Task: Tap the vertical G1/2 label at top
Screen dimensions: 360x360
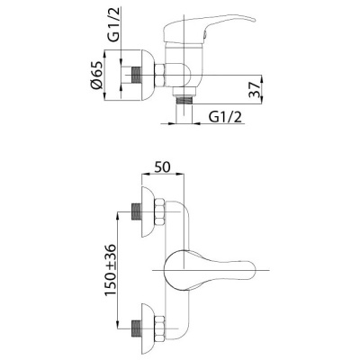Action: pyautogui.click(x=113, y=23)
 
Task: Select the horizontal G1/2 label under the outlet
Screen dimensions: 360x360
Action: pyautogui.click(x=225, y=117)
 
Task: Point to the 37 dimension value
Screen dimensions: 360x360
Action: pyautogui.click(x=255, y=89)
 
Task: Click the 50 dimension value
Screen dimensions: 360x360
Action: pyautogui.click(x=162, y=167)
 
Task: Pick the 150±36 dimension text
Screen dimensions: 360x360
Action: pyautogui.click(x=111, y=270)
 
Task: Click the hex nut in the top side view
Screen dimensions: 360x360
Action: pyautogui.click(x=159, y=76)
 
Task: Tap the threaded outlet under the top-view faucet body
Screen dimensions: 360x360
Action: pyautogui.click(x=184, y=100)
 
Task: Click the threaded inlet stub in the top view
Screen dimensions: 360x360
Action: pyautogui.click(x=137, y=75)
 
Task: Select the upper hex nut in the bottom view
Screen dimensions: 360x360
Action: pyautogui.click(x=159, y=211)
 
